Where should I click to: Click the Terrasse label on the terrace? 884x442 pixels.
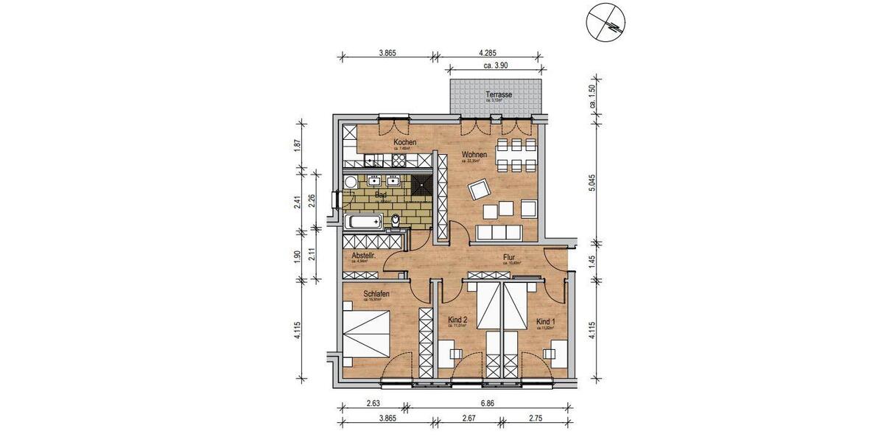499,95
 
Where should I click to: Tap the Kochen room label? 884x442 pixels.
404,142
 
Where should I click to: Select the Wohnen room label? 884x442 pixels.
474,155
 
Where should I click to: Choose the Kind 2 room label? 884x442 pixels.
458,320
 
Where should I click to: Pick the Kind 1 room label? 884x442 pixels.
546,321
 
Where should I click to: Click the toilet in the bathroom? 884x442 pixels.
396,220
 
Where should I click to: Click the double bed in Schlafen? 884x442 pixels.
368,334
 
